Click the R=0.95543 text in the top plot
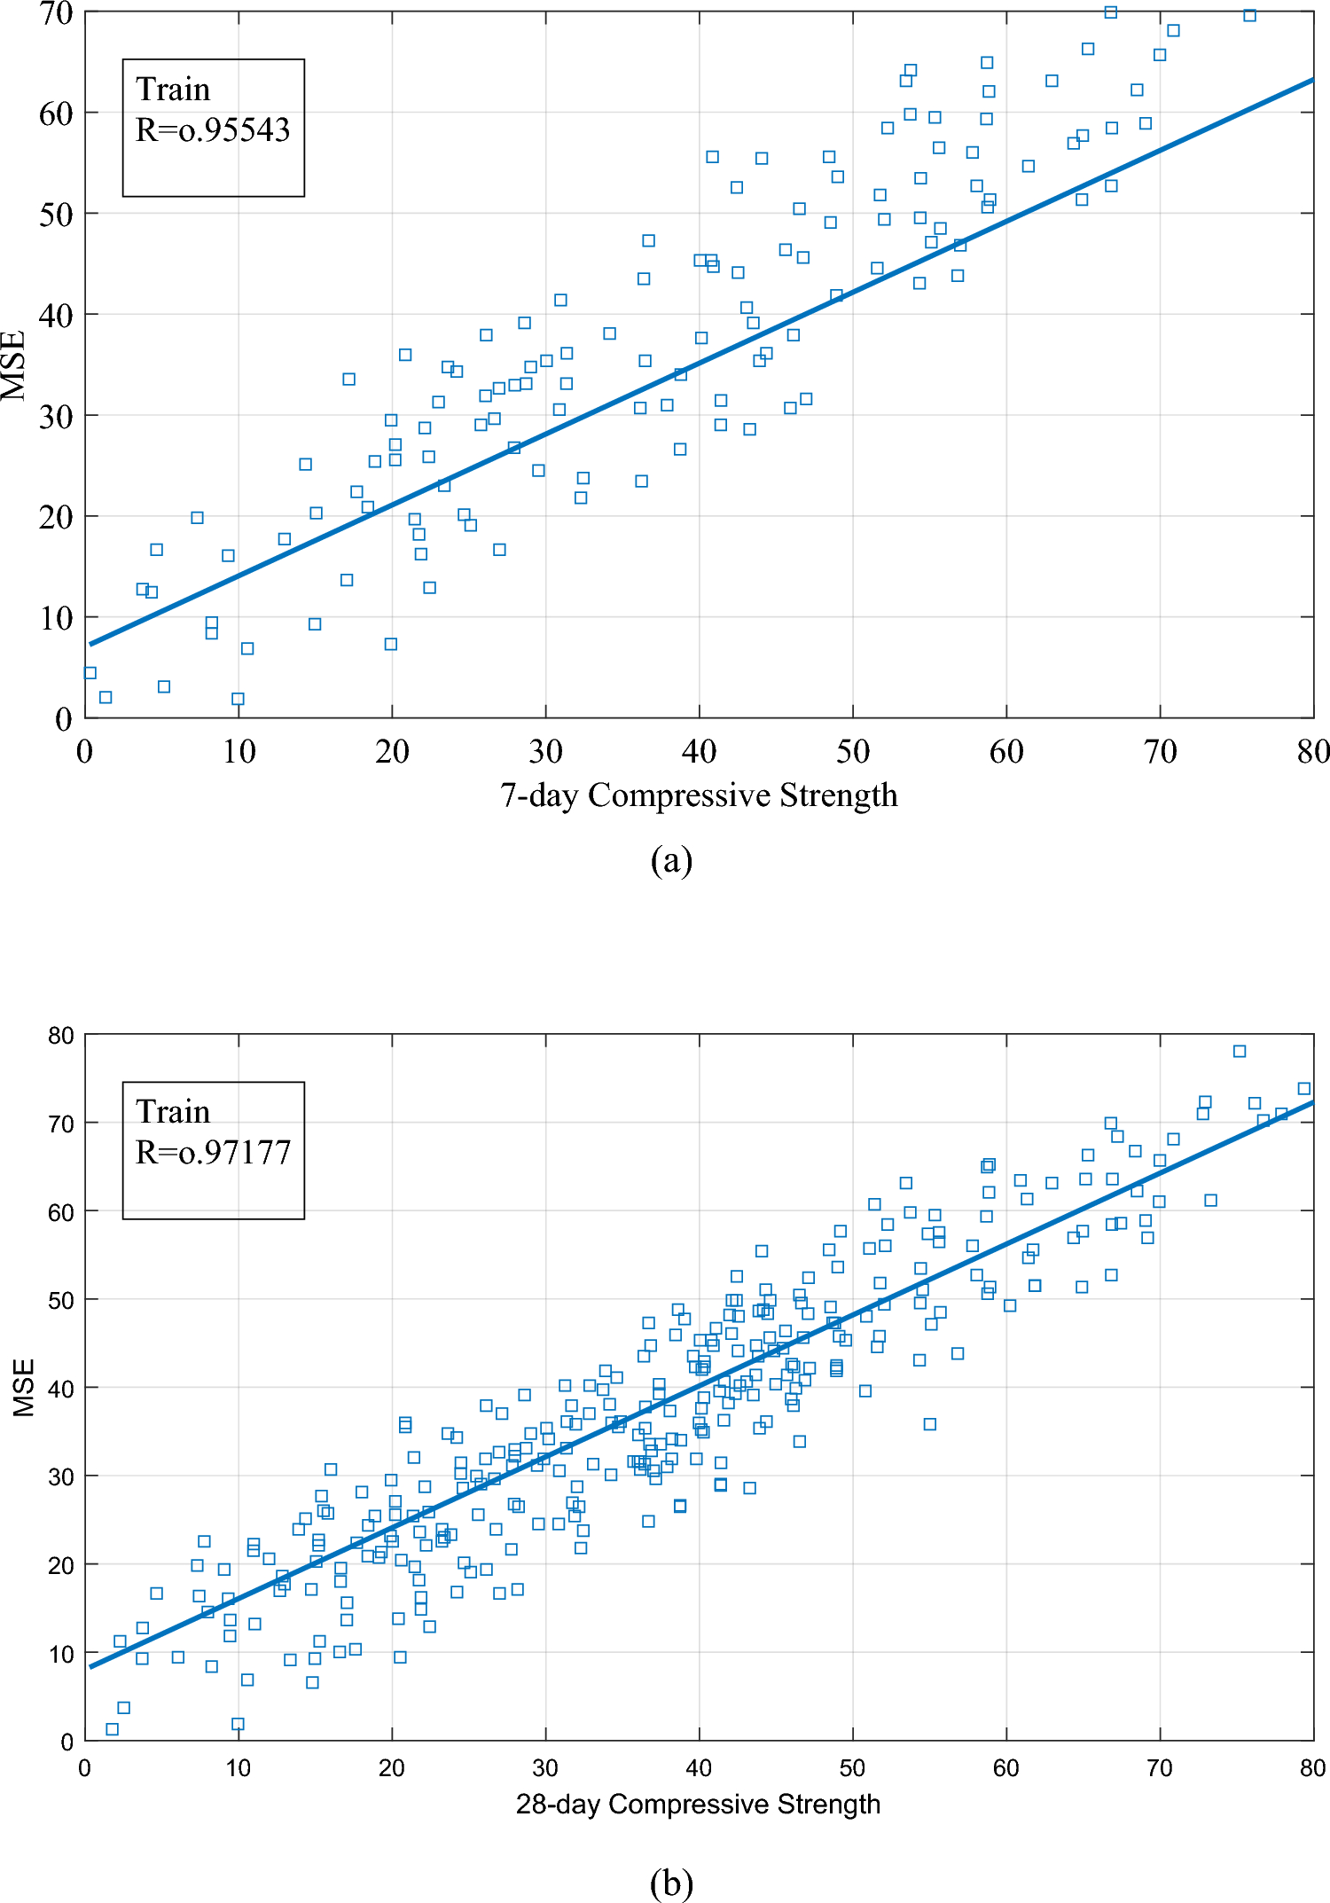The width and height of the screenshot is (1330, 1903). pyautogui.click(x=213, y=130)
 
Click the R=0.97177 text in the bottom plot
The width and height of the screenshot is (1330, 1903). pyautogui.click(x=213, y=1153)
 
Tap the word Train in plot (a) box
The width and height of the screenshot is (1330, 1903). pyautogui.click(x=173, y=90)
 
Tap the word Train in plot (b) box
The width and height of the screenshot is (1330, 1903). pyautogui.click(x=173, y=1112)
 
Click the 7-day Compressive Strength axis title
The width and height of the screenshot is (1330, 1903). pyautogui.click(x=699, y=795)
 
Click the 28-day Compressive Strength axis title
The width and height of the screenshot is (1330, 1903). pyautogui.click(x=699, y=1805)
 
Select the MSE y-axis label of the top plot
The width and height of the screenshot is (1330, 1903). pyautogui.click(x=14, y=365)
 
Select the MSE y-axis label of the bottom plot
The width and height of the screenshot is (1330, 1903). pyautogui.click(x=24, y=1388)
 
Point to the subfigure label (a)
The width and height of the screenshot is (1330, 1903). pyautogui.click(x=671, y=861)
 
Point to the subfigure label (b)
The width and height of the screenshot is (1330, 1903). pyautogui.click(x=671, y=1883)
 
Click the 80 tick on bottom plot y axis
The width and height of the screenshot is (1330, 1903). pyautogui.click(x=61, y=1036)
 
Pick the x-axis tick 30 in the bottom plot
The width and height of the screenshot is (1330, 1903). pyautogui.click(x=545, y=1768)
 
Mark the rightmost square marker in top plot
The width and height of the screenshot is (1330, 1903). pyautogui.click(x=1249, y=15)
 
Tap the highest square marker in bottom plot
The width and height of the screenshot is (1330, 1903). pyautogui.click(x=1240, y=1051)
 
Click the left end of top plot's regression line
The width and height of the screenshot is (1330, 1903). pyautogui.click(x=90, y=644)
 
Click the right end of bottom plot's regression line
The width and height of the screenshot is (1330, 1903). pyautogui.click(x=1312, y=1102)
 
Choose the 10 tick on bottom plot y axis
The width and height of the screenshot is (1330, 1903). pyautogui.click(x=61, y=1654)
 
